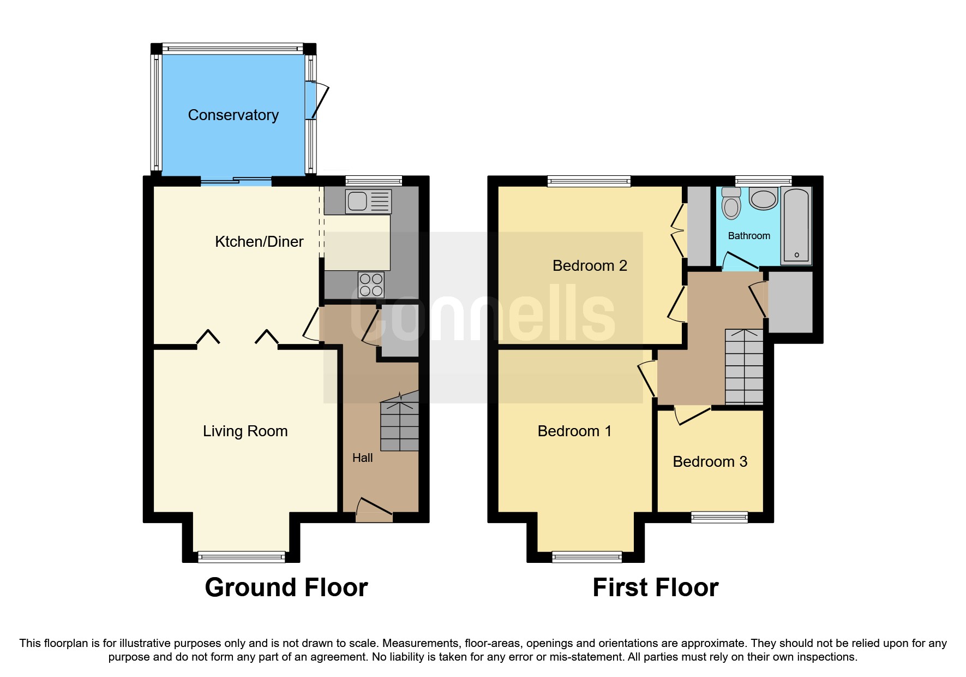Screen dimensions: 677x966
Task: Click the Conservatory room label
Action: [233, 115]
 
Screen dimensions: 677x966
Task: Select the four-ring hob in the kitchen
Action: [371, 285]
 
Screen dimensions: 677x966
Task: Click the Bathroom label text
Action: [749, 236]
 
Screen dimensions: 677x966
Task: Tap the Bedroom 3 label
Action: [710, 462]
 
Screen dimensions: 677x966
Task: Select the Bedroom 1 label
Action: [574, 431]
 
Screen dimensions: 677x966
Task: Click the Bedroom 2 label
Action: [590, 266]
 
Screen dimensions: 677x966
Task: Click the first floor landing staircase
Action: [743, 367]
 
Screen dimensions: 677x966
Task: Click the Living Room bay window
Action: [241, 557]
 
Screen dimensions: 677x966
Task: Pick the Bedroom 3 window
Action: [719, 517]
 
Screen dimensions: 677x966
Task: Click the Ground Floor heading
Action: [286, 588]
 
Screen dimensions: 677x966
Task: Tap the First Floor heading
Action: [655, 588]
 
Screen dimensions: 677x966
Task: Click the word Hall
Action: [362, 458]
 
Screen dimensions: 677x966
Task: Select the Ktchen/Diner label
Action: [259, 242]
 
